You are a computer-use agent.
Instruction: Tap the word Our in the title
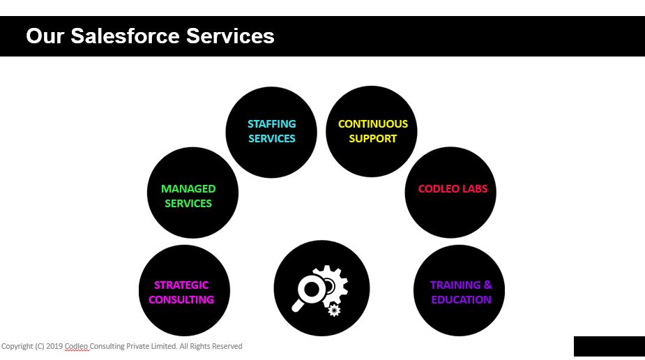click(x=45, y=36)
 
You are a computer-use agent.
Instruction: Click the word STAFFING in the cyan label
click(x=272, y=124)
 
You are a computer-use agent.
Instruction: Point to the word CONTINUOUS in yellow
click(x=373, y=124)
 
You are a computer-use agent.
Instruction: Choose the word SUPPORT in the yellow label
click(x=373, y=139)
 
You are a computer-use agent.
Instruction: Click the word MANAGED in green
click(x=188, y=188)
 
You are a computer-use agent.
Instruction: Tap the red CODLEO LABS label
click(x=453, y=189)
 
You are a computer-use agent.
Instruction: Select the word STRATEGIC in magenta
click(x=181, y=285)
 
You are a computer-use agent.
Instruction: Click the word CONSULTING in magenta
click(x=181, y=300)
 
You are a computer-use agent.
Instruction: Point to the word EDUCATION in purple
click(x=461, y=300)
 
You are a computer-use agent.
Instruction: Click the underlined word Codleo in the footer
click(x=77, y=347)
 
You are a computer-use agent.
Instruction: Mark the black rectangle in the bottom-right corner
click(x=609, y=347)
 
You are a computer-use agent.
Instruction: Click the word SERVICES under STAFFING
click(x=272, y=139)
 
